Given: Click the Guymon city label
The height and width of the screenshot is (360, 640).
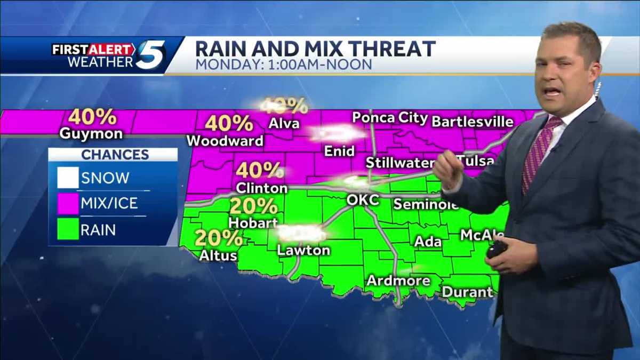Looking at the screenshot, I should coord(91,133).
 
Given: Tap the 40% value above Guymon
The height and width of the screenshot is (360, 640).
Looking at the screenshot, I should coord(92,116).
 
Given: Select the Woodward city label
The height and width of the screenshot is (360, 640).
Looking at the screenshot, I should coord(225,141).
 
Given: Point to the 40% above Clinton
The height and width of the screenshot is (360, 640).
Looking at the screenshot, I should coord(259,170).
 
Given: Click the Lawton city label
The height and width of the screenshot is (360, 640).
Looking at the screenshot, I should coord(303,250).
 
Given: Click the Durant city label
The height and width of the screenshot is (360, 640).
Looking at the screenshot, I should coord(467,292).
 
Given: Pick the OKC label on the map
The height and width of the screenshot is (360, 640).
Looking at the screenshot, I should coord(363,200).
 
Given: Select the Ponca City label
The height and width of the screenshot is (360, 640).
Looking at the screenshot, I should coord(390,118).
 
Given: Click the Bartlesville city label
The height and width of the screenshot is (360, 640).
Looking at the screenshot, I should coord(472,122).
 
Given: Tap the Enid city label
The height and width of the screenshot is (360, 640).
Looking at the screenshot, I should coord(340,151).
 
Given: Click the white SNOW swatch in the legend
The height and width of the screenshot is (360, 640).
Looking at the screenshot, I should coord(68,178).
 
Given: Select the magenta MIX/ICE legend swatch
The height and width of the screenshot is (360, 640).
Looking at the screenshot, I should coord(68,203).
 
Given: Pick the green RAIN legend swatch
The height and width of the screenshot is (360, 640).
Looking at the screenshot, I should coord(68,230).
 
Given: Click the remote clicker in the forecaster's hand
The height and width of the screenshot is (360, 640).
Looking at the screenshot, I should coord(497,249).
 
